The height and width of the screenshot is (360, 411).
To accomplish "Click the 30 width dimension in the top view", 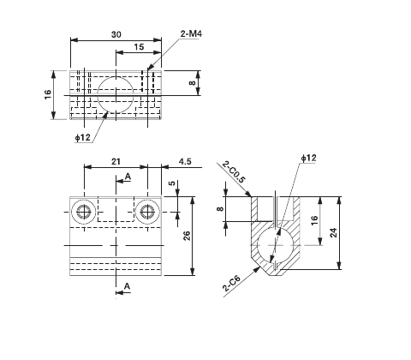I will coord(115,33).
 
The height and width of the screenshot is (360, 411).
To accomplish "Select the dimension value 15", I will coord(139,48).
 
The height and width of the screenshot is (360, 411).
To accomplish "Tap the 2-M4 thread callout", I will coord(191,33).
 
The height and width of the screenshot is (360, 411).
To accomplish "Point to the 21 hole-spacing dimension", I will coord(116,161).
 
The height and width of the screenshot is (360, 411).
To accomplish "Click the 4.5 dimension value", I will coord(184,161).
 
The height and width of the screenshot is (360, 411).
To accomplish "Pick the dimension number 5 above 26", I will coord(171,183).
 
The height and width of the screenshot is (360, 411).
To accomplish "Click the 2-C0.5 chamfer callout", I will coord(232,172).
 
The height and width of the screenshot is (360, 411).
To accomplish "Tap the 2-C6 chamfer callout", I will coord(230,284).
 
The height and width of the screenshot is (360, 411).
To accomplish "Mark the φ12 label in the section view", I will coord(309,158).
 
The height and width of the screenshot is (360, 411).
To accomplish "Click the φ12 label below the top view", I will coord(82,137).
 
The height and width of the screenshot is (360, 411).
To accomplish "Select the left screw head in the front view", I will coord(84,211).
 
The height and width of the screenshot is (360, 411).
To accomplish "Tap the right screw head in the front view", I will coord(147,211).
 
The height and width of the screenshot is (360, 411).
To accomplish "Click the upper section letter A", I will coord(128,176).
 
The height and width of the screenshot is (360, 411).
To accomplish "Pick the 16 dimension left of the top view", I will coord(49,94).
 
